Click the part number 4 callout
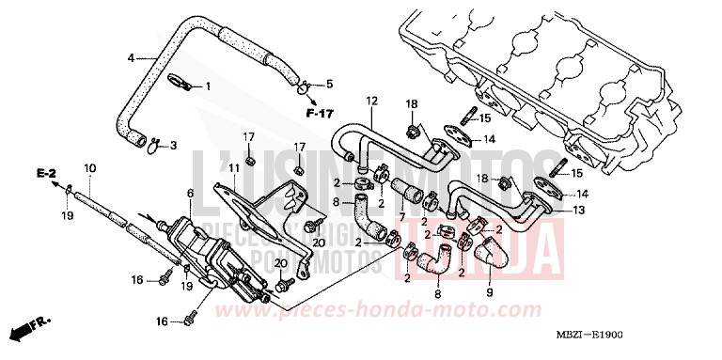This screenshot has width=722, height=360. [132, 58]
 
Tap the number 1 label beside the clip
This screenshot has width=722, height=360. [208, 86]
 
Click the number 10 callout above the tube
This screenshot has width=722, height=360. [89, 168]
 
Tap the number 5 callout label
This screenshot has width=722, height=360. [329, 85]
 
